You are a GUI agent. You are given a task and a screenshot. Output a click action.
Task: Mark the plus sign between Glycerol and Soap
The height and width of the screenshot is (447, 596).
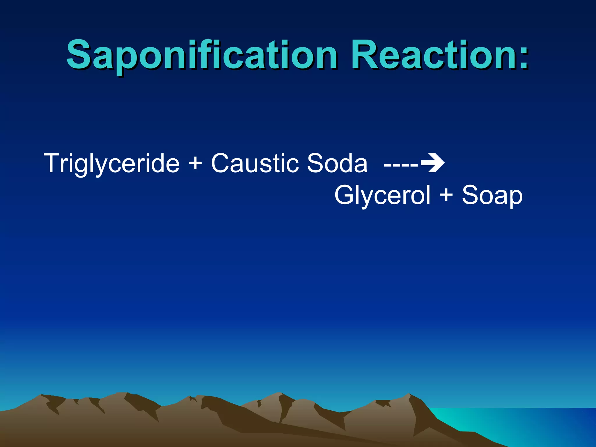[446, 194]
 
